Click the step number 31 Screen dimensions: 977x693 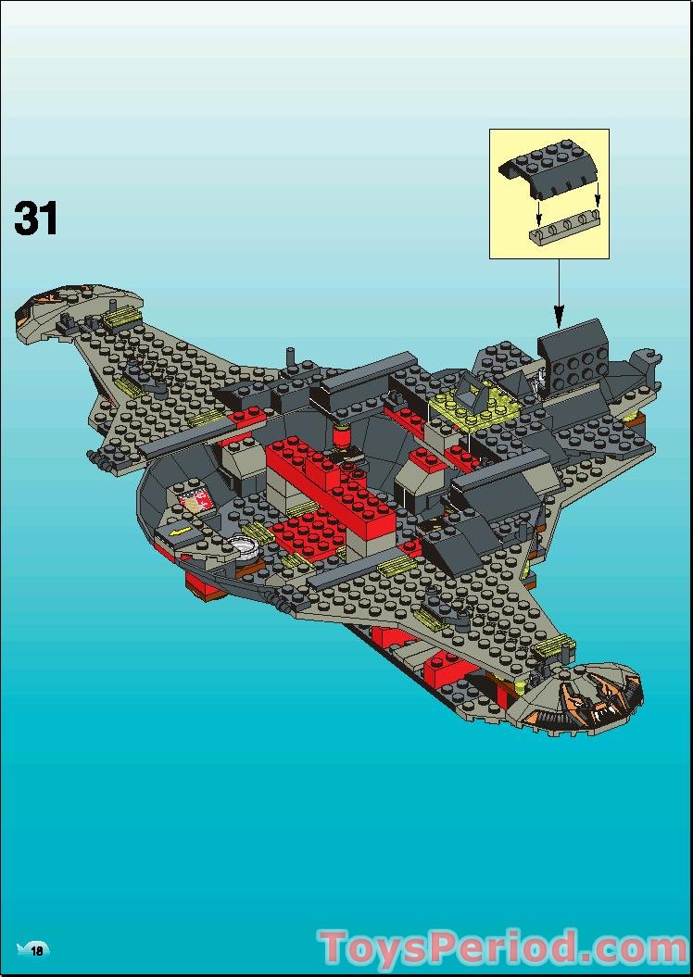(x=36, y=219)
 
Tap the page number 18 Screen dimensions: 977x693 (x=38, y=950)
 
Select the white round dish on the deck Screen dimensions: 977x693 (x=247, y=546)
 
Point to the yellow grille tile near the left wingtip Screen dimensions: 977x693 (x=119, y=319)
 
